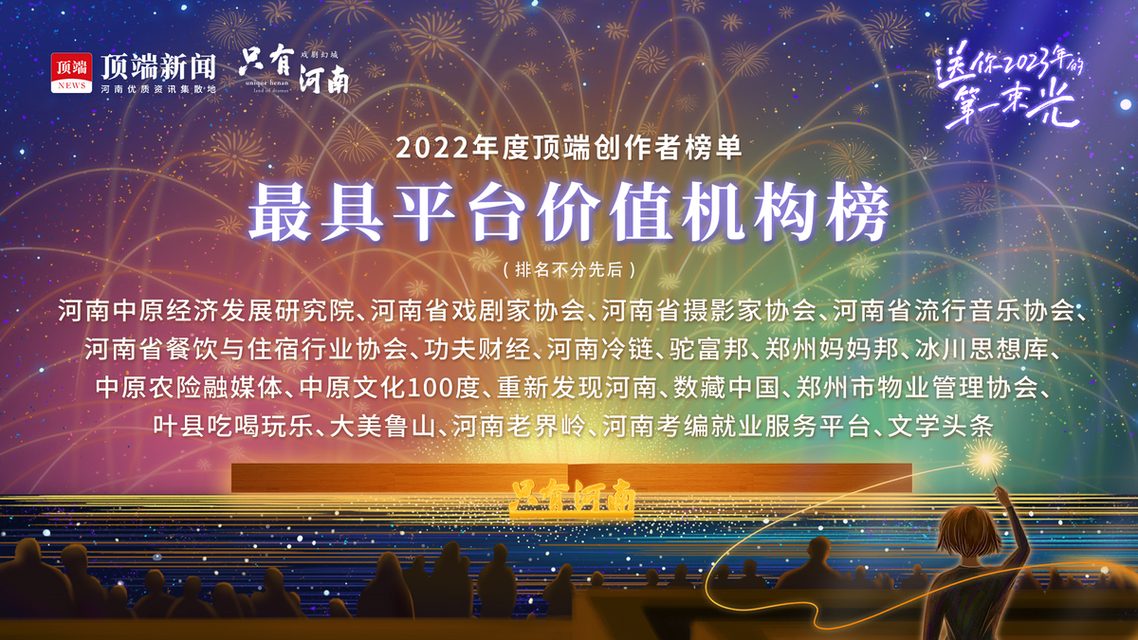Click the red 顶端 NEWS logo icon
click(x=71, y=73)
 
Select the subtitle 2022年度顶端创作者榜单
click(x=569, y=148)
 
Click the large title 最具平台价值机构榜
click(x=569, y=211)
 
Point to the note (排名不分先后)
click(x=569, y=269)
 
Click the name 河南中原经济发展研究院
click(x=207, y=310)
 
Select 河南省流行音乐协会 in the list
click(x=954, y=310)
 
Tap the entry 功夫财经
click(x=478, y=349)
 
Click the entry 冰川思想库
click(x=982, y=349)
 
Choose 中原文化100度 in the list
click(x=389, y=388)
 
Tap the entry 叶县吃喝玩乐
click(x=233, y=426)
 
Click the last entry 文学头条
click(x=941, y=426)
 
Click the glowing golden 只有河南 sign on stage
click(x=572, y=497)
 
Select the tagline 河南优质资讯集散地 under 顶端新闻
click(x=158, y=89)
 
